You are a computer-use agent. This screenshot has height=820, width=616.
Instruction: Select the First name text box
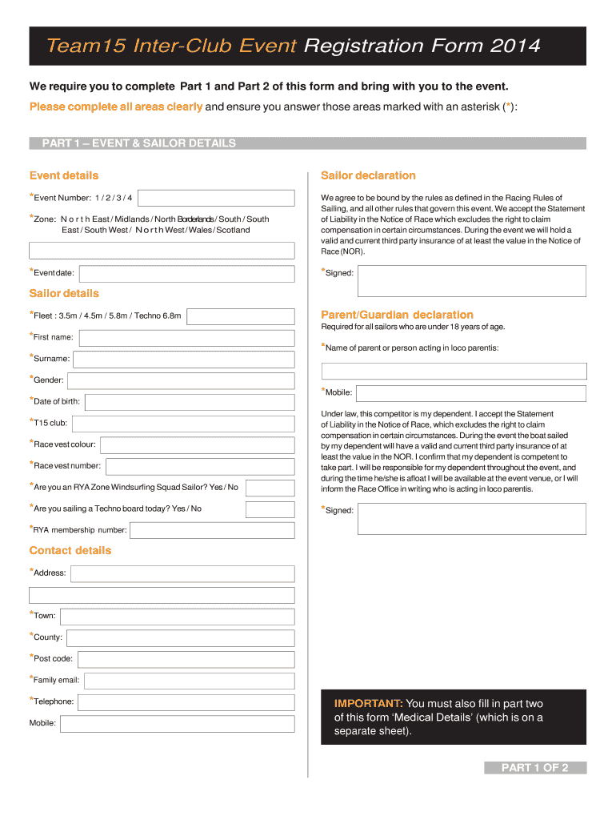coord(186,337)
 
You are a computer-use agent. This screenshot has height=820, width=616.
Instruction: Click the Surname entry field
coord(184,359)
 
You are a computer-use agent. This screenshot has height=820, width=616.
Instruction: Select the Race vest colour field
coord(197,444)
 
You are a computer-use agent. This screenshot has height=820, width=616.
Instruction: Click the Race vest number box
coord(200,466)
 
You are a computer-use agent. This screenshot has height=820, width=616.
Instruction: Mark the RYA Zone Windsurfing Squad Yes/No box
coord(270,488)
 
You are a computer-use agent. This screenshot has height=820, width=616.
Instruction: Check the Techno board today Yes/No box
coord(270,509)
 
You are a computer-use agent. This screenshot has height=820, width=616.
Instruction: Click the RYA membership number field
coord(212,530)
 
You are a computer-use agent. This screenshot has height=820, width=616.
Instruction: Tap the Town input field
coord(177,616)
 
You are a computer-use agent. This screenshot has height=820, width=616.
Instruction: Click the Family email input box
coord(189,681)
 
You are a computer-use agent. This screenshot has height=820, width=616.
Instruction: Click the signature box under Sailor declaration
coord(471,281)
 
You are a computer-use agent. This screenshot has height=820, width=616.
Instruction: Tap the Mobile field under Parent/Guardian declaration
coord(471,393)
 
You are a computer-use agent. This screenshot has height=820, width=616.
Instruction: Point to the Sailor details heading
coord(64,294)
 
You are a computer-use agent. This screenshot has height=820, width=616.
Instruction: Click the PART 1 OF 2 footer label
coord(534,768)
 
